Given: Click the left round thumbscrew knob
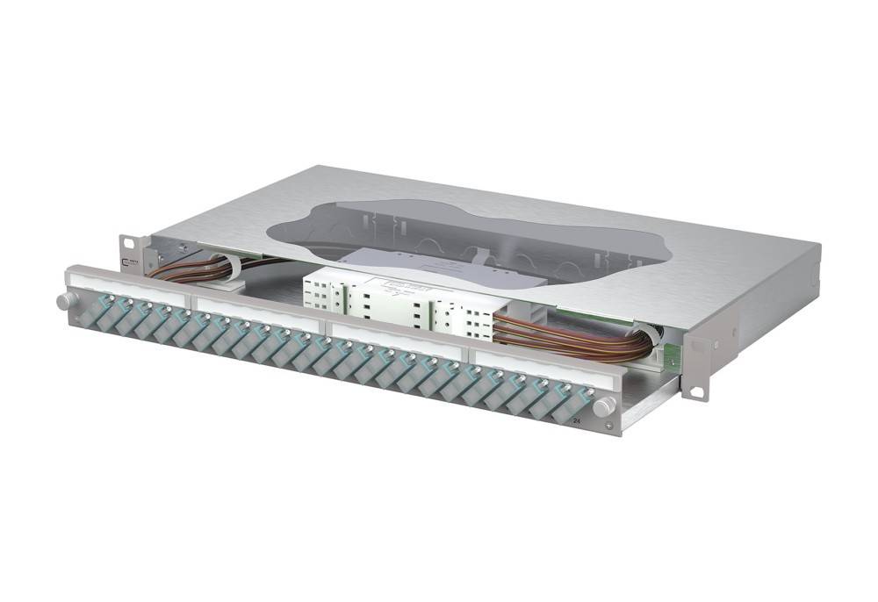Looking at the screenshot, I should click(64, 301).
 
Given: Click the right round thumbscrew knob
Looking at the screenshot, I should click(604, 406).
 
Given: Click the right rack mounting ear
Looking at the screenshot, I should click(696, 368).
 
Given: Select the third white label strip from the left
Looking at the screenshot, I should click(394, 343).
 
